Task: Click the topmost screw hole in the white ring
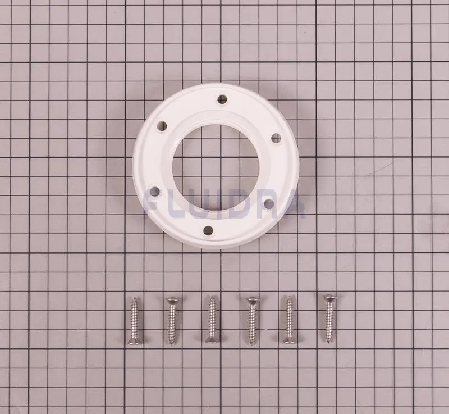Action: click(x=222, y=99)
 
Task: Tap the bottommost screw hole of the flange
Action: click(x=208, y=230)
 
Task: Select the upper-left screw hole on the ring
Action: click(x=162, y=125)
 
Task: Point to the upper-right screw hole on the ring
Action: click(x=276, y=138)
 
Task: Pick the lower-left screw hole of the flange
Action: click(x=155, y=191)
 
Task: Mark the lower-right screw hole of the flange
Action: click(x=269, y=204)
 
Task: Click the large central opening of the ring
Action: click(x=216, y=165)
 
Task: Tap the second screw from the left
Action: click(x=172, y=321)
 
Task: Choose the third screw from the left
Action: click(x=212, y=320)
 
